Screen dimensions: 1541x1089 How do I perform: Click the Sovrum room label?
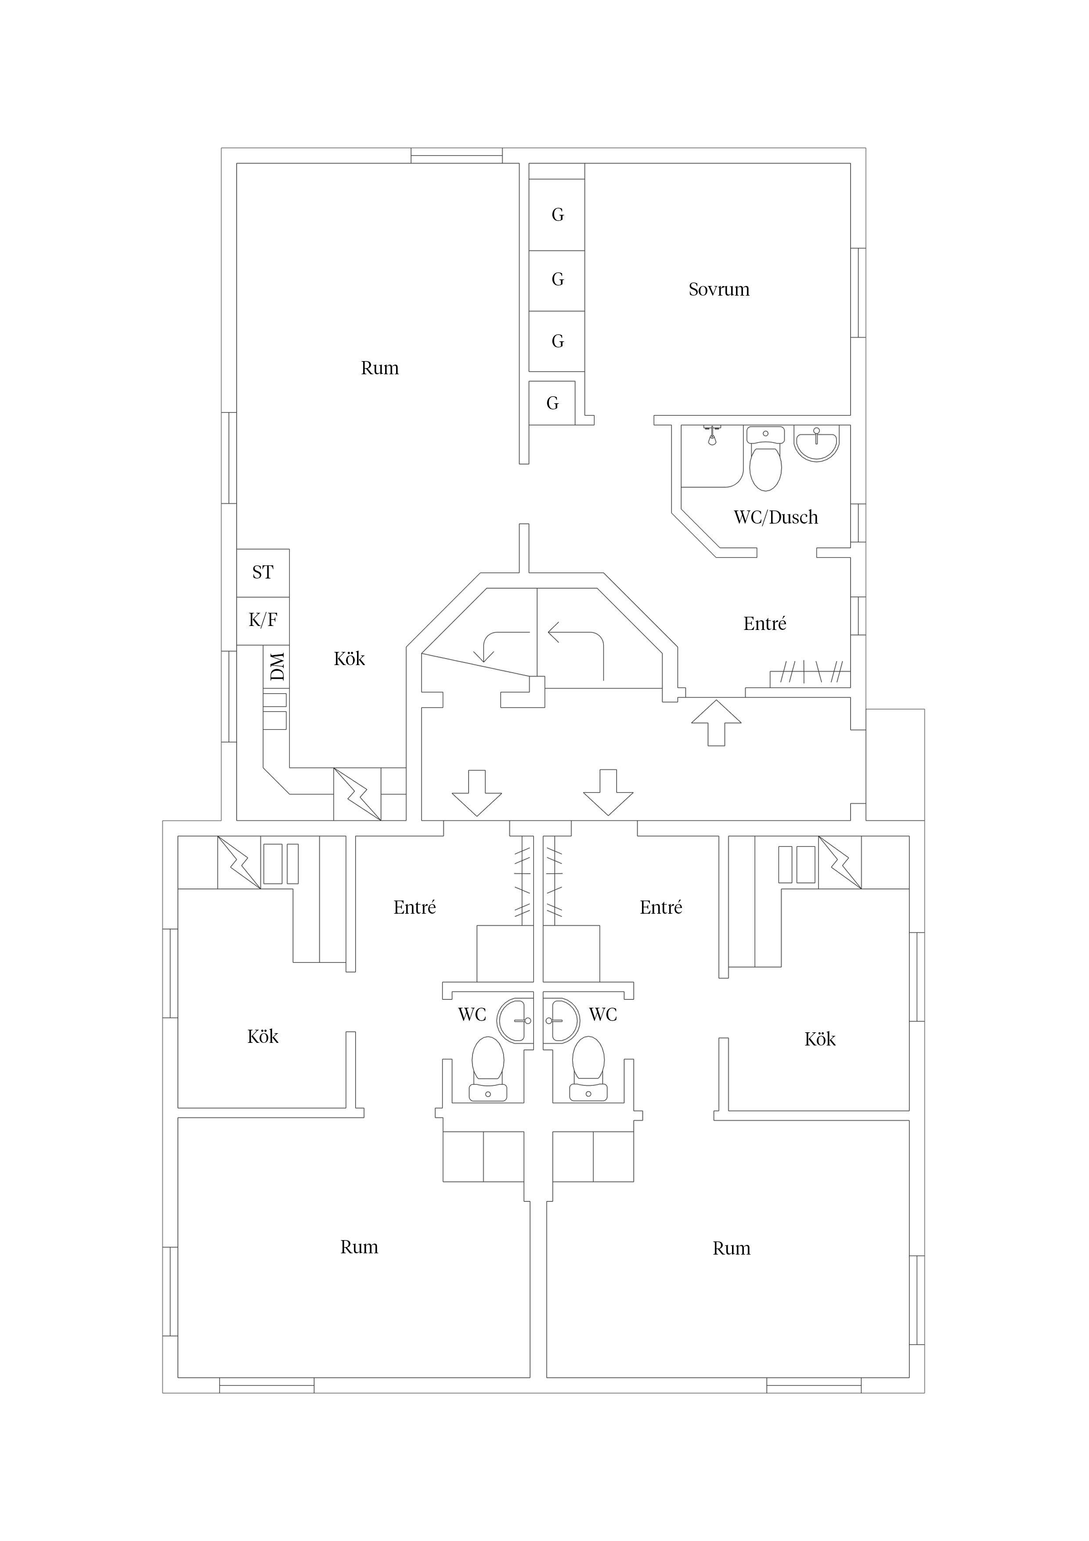pyautogui.click(x=719, y=289)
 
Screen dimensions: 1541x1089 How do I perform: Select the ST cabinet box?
pyautogui.click(x=263, y=572)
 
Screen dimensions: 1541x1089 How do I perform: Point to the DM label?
pyautogui.click(x=277, y=666)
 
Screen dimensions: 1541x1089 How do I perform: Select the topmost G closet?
pyautogui.click(x=557, y=215)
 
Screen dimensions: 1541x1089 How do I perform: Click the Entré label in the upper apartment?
pyautogui.click(x=764, y=623)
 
